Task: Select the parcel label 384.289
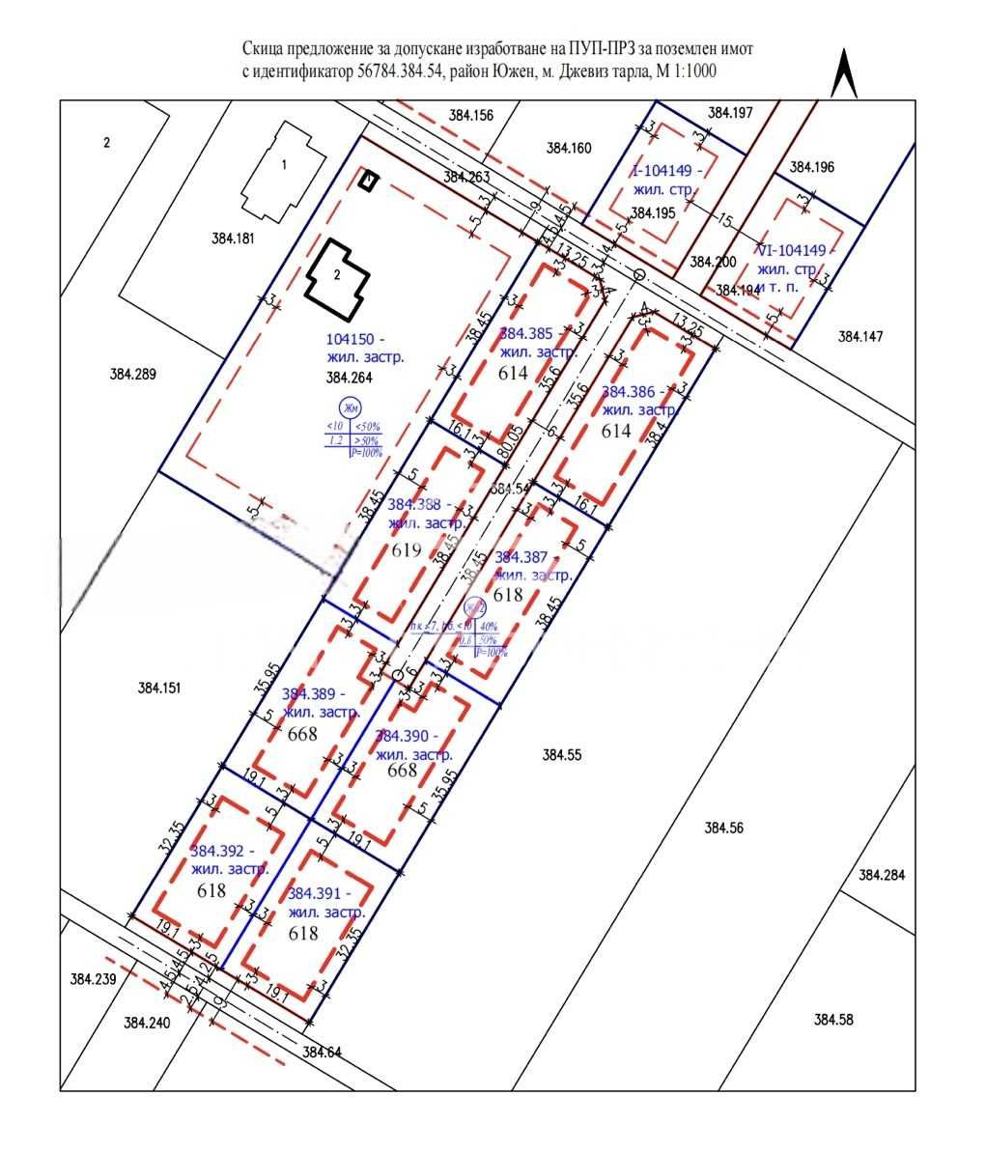point(132,374)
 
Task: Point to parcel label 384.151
point(159,688)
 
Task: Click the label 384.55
point(562,755)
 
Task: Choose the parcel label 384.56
point(725,828)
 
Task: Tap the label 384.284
point(882,875)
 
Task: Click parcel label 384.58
point(833,1019)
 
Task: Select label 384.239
point(93,978)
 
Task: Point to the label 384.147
point(860,336)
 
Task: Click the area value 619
point(407,550)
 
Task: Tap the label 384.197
point(730,113)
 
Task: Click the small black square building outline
point(368,181)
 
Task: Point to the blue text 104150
point(355,340)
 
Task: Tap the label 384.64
point(322,1052)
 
